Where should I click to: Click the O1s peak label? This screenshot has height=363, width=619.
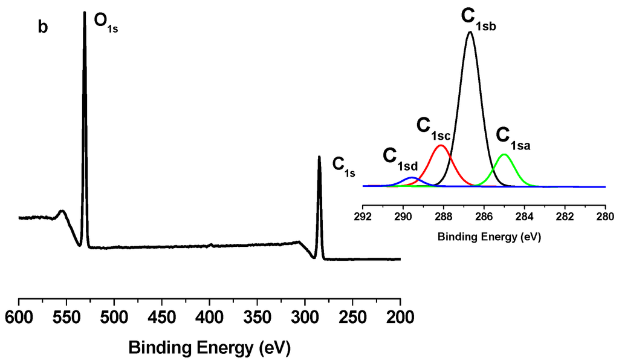(105, 24)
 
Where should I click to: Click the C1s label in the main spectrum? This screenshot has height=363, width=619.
(344, 166)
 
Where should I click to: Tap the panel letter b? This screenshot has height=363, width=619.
(43, 28)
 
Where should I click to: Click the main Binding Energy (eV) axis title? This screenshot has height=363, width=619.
(209, 348)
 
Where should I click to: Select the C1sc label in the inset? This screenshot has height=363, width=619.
(434, 127)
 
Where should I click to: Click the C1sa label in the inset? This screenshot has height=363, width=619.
(513, 137)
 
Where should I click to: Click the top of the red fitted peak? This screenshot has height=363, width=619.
(441, 146)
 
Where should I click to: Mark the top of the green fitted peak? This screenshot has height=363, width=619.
(504, 154)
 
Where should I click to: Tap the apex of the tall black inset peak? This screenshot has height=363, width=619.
(470, 32)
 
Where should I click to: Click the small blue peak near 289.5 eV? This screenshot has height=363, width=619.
(412, 178)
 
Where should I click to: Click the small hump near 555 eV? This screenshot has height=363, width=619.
(62, 211)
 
